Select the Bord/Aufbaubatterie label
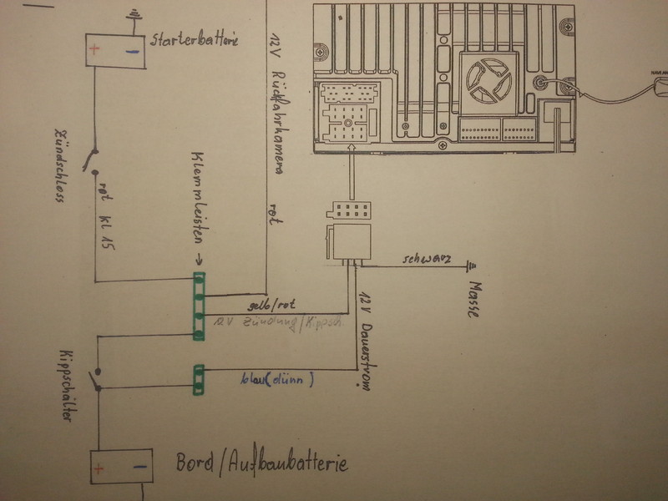[x=261, y=463]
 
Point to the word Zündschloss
[x=60, y=164]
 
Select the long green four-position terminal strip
[x=199, y=306]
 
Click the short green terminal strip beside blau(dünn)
[x=199, y=379]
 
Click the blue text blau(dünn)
[x=276, y=381]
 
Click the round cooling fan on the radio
[x=487, y=81]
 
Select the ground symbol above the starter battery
[x=131, y=16]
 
